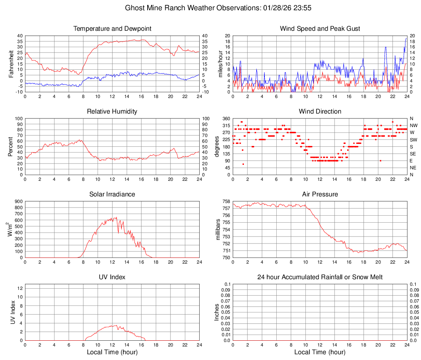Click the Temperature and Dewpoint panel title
[x=112, y=29]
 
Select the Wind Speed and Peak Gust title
[x=320, y=29]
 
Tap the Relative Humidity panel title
[x=112, y=112]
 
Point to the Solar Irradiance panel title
[x=112, y=194]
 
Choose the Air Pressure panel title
[x=320, y=194]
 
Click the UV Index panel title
[x=112, y=277]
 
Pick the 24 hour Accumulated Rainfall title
[x=320, y=277]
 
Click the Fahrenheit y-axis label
[x=11, y=64]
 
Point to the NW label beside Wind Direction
[x=414, y=125]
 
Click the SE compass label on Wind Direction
[x=413, y=154]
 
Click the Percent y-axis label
[x=11, y=147]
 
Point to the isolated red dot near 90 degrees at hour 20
[x=380, y=161]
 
